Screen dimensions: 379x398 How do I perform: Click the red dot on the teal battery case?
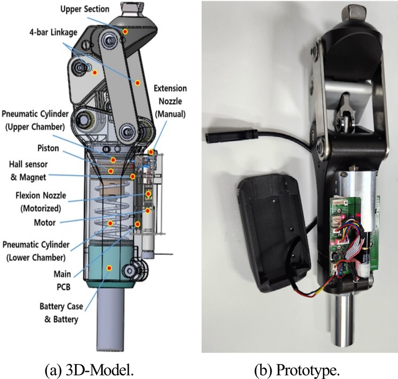coord(109,268)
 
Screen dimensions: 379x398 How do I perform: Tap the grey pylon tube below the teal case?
coord(109,318)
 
